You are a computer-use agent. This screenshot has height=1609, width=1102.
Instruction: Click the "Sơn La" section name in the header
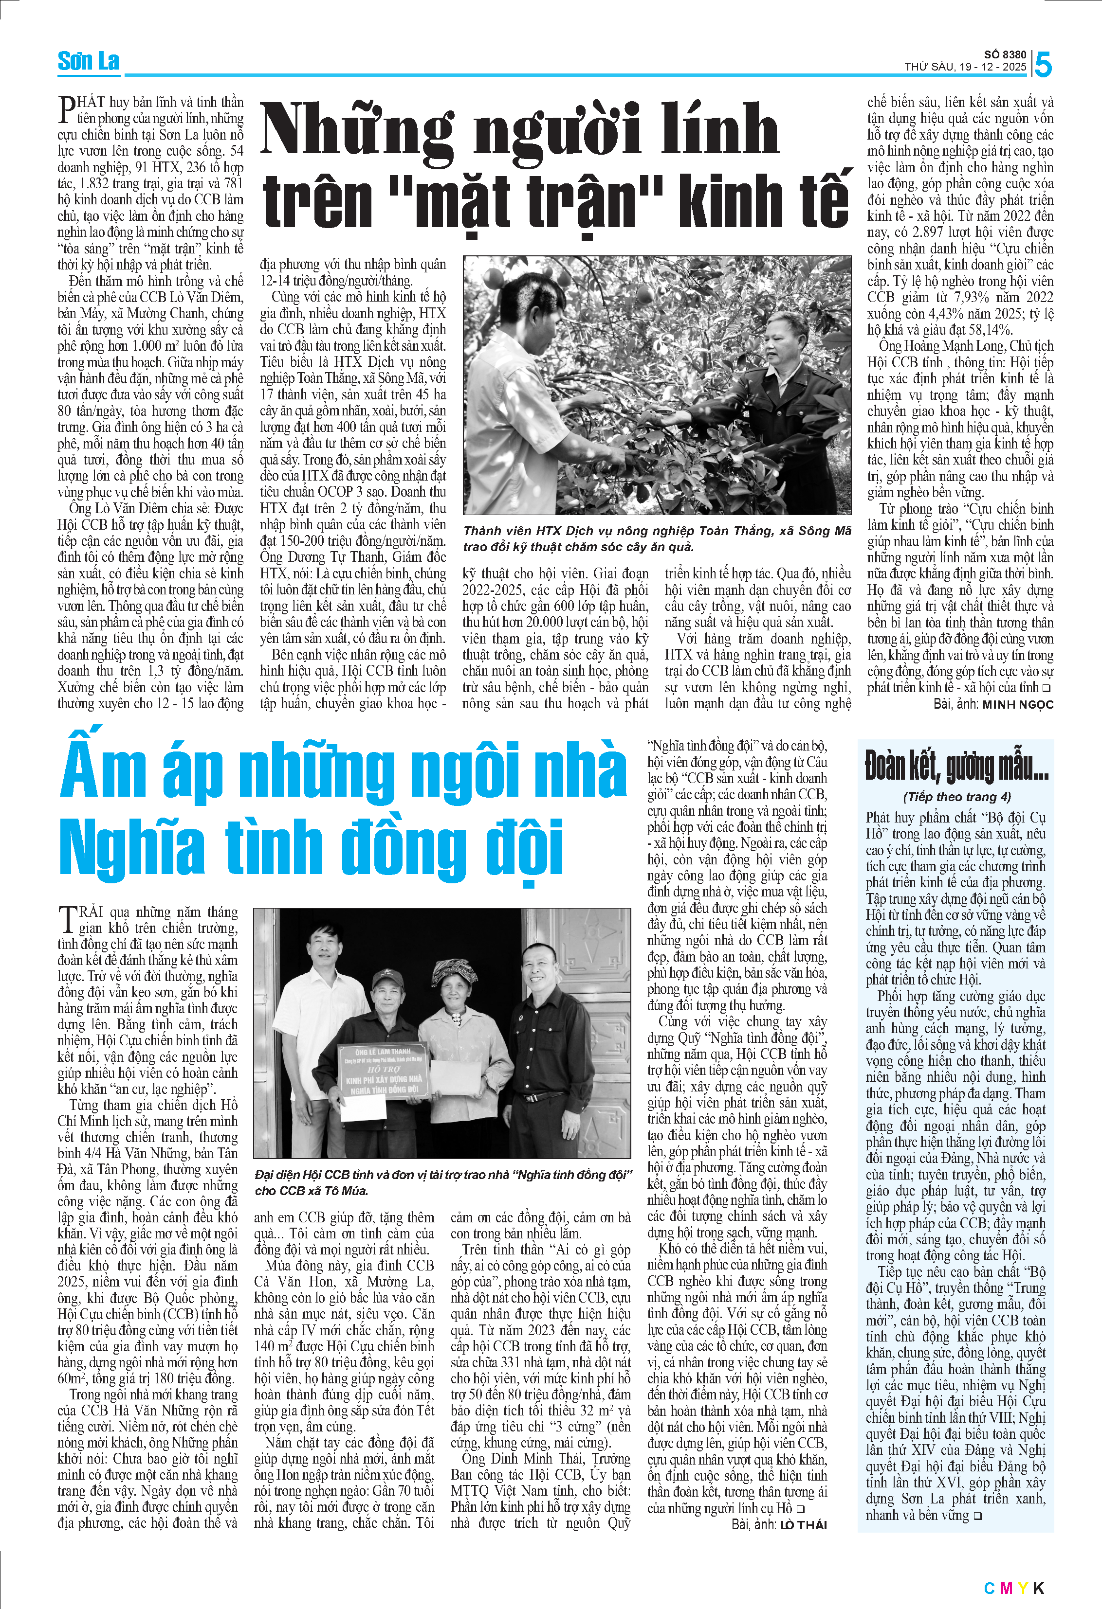pos(88,62)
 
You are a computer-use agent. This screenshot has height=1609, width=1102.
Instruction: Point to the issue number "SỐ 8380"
pos(1006,54)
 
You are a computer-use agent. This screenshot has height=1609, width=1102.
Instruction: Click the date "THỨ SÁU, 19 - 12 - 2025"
pos(965,67)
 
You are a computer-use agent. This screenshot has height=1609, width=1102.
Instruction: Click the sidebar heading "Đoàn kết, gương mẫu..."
pos(956,766)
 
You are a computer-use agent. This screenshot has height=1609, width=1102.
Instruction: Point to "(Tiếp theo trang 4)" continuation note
pos(956,797)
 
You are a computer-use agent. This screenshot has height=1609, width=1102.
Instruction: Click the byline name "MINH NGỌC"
pos(1017,705)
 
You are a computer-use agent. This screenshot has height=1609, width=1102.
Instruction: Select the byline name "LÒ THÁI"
pos(804,1524)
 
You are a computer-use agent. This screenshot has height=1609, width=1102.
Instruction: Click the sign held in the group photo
pos(383,1072)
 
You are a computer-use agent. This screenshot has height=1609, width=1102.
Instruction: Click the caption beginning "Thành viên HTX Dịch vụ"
pos(657,538)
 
